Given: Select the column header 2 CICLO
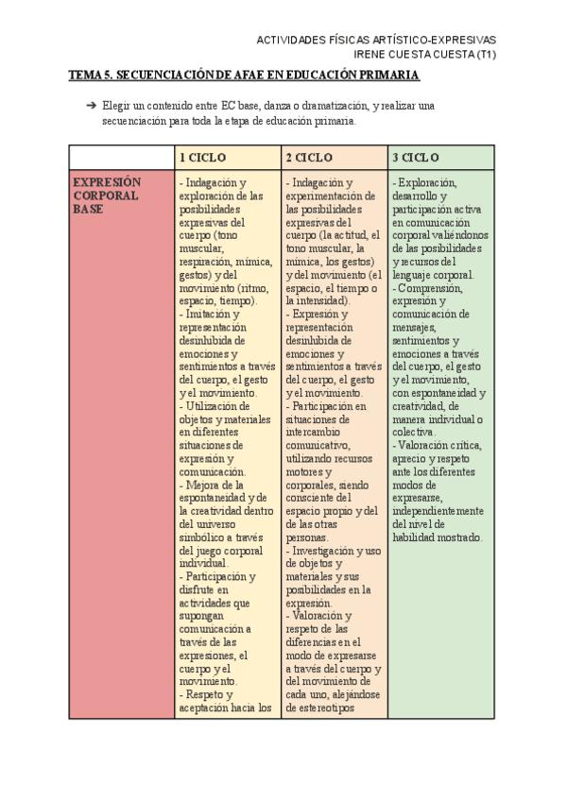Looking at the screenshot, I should (308, 157).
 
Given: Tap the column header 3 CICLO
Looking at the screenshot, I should (416, 157).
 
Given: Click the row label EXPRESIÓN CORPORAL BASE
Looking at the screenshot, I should (107, 196).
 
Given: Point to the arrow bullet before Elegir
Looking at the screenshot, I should (91, 107).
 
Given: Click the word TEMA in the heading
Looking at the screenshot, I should (88, 75).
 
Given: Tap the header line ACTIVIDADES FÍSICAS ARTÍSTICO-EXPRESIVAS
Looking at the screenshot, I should (376, 40).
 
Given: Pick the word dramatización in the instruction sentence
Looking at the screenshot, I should (336, 107).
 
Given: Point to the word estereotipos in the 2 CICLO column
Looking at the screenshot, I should (318, 707).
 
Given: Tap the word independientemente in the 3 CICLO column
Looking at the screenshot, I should (441, 511).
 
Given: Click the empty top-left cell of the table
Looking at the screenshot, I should (121, 157).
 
